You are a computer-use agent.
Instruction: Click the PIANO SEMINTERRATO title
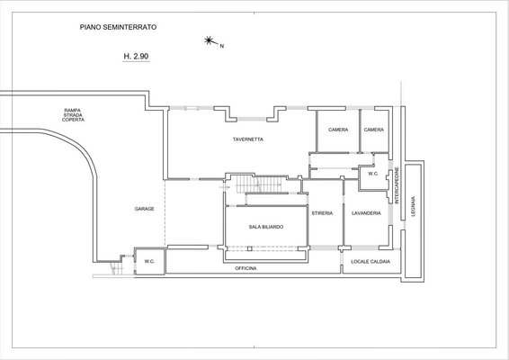tap(118, 27)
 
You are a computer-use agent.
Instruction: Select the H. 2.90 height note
tap(136, 56)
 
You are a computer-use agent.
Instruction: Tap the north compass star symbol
tap(209, 40)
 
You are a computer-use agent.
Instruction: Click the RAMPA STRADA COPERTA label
tap(73, 115)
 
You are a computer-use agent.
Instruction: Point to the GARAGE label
tap(145, 209)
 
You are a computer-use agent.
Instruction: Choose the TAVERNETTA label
tap(248, 139)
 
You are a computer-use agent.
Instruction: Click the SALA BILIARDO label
tap(266, 227)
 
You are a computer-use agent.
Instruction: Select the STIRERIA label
tap(322, 213)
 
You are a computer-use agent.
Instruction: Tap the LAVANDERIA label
tap(366, 213)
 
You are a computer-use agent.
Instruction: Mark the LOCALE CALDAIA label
tap(371, 262)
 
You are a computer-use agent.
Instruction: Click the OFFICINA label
tap(246, 268)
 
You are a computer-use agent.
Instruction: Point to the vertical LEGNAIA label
tap(414, 206)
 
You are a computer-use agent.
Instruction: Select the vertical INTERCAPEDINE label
tap(397, 185)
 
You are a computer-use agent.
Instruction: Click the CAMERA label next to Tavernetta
tap(338, 130)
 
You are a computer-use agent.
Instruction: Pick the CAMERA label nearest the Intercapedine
tap(373, 130)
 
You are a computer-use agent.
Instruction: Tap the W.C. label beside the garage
tap(149, 262)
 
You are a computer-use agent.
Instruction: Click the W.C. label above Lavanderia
tap(373, 174)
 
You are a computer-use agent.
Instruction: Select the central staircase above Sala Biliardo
tap(258, 184)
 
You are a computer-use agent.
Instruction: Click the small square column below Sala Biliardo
tap(249, 249)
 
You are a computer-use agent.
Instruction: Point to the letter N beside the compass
tap(222, 46)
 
